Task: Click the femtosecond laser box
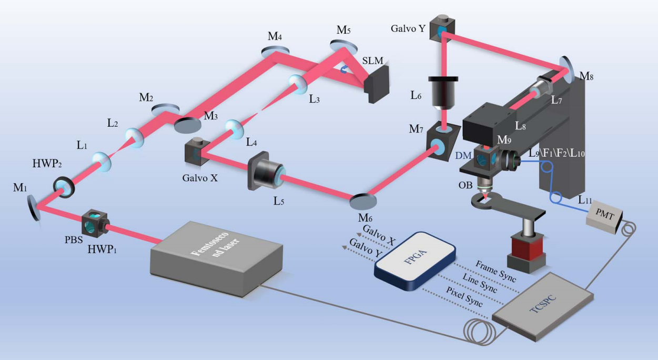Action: pyautogui.click(x=210, y=258)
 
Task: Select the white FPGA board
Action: pyautogui.click(x=415, y=261)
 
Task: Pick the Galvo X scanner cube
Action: pyautogui.click(x=195, y=153)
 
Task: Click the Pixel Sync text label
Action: pyautogui.click(x=459, y=294)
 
